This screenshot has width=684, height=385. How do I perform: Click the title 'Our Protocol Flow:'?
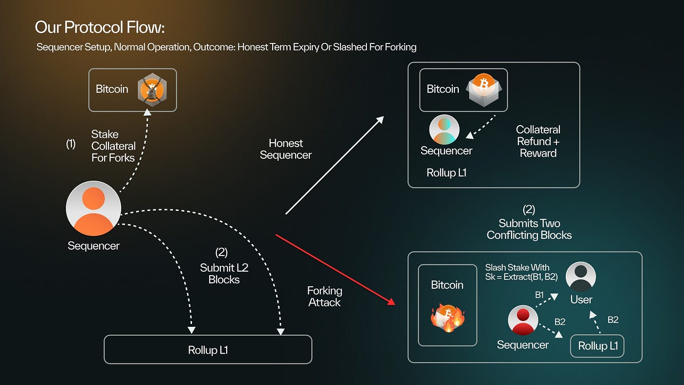[100, 27]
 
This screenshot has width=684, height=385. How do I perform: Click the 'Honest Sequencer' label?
[286, 149]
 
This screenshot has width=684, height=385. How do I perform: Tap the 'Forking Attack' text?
[324, 297]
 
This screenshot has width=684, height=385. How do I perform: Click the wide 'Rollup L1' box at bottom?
[208, 349]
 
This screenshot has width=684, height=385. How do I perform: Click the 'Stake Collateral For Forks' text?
[113, 146]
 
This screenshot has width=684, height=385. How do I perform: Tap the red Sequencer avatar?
[523, 321]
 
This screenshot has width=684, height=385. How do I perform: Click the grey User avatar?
[580, 277]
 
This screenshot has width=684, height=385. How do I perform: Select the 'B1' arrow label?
[539, 295]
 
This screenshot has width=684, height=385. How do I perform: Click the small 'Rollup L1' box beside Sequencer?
[598, 346]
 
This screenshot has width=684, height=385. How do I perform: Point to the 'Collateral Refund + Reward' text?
[538, 141]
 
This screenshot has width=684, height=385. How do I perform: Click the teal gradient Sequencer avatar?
[444, 129]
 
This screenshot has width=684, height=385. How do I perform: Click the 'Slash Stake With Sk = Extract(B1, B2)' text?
[521, 272]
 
